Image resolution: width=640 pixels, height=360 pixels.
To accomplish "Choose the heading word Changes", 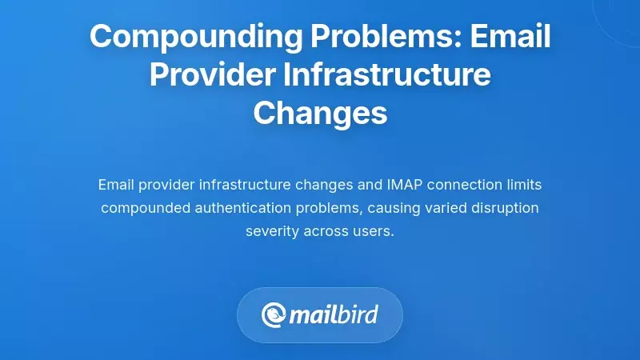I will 320,113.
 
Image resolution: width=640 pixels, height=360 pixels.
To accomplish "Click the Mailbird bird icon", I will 275,314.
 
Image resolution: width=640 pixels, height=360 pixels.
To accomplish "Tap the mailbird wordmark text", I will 336,314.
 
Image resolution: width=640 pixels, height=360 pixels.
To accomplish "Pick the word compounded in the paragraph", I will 149,208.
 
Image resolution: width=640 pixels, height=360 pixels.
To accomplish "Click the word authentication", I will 254,208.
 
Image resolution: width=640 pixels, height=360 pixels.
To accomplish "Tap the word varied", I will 446,208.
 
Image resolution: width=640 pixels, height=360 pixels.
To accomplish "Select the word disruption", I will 506,208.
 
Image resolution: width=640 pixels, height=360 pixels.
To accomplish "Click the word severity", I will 272,231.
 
